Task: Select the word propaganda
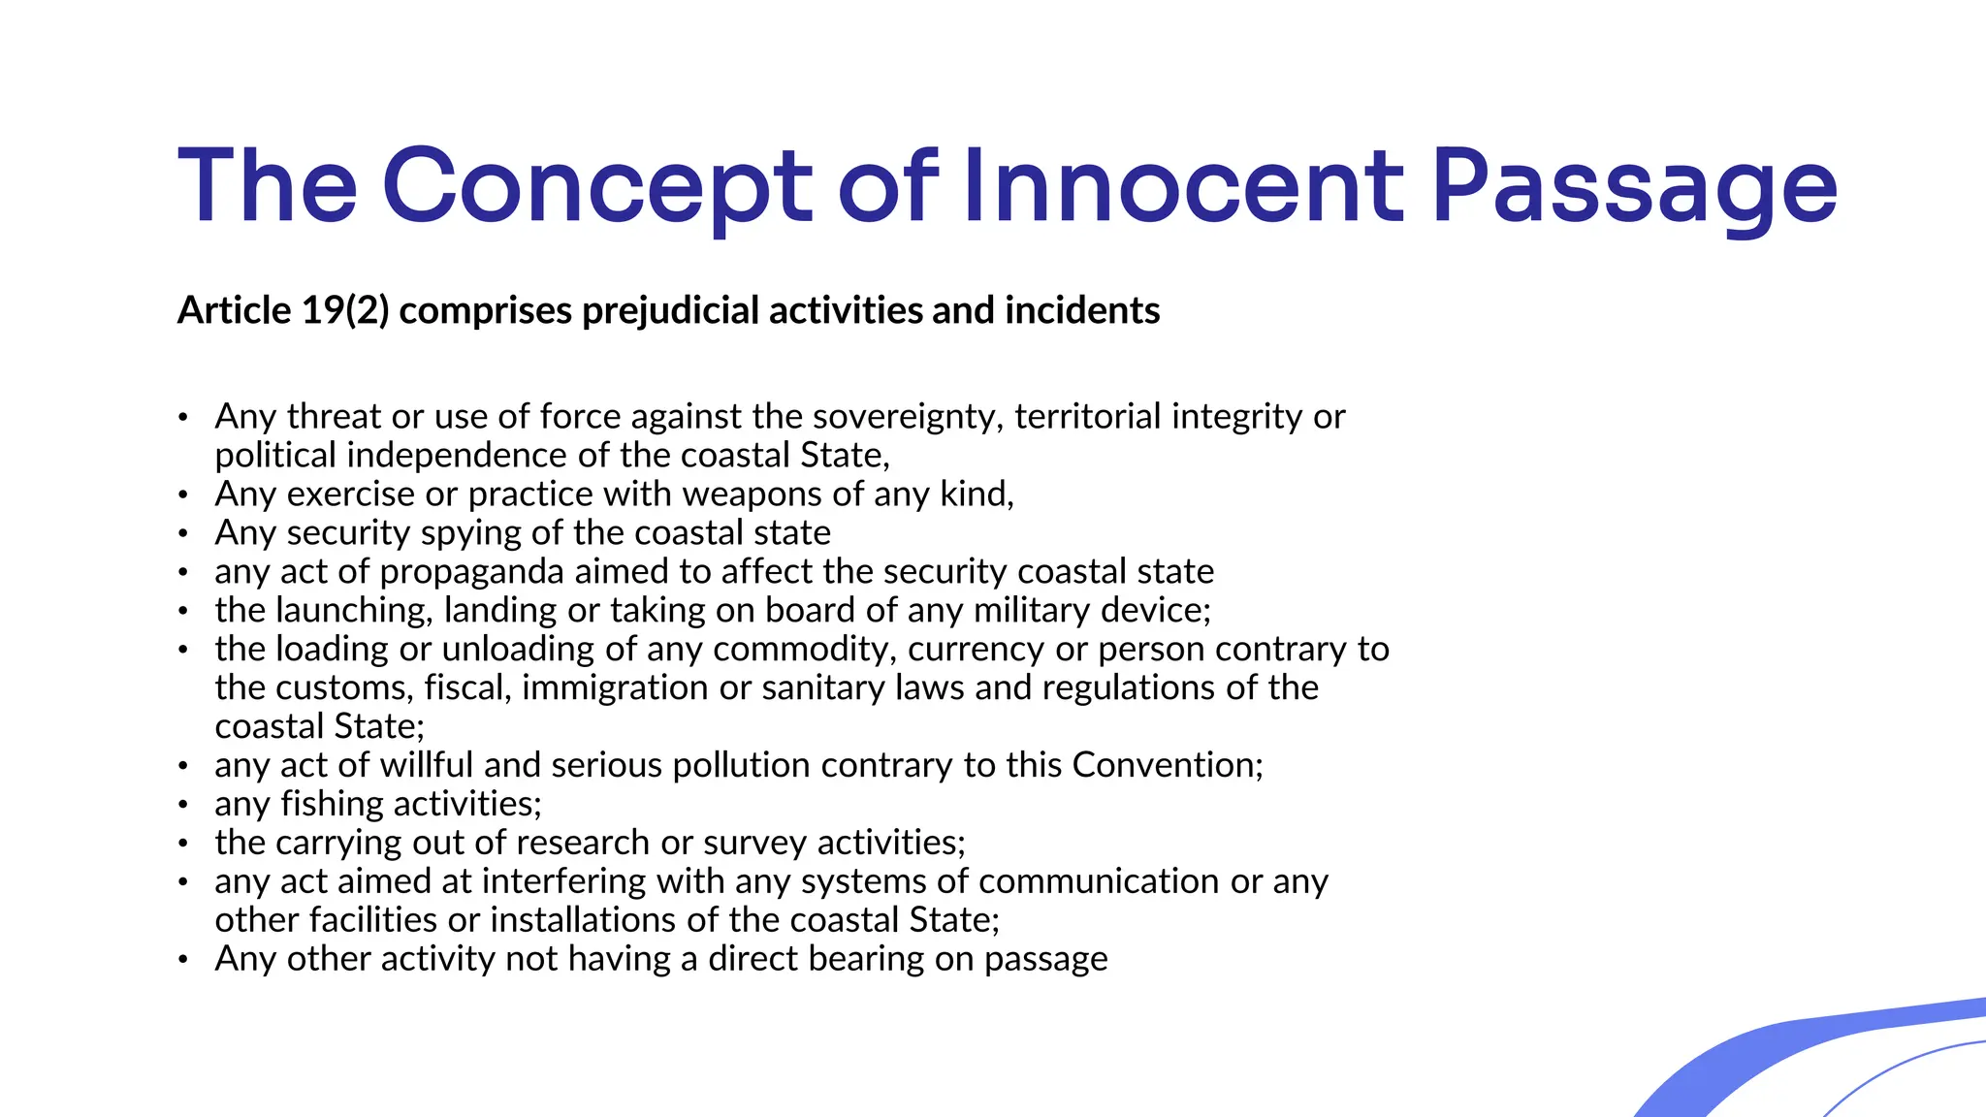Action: click(x=471, y=572)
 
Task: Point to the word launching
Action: click(x=354, y=611)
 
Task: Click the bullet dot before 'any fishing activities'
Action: click(x=182, y=806)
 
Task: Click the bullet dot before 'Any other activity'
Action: click(x=182, y=961)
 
